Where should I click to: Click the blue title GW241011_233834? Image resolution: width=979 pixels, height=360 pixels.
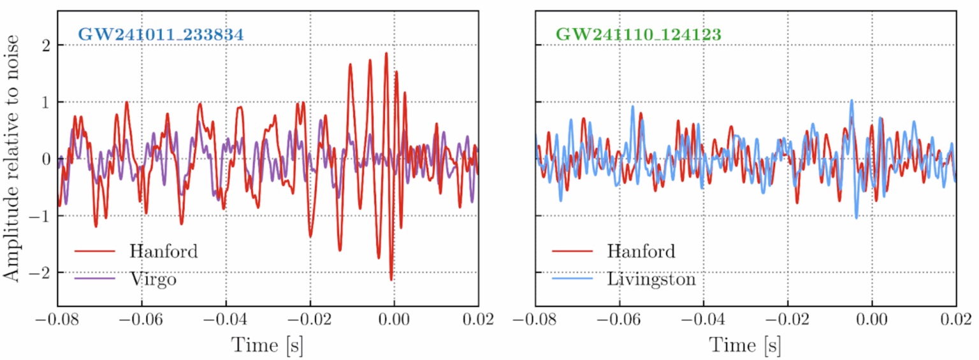click(x=161, y=34)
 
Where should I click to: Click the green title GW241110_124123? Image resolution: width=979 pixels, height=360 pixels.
click(x=639, y=34)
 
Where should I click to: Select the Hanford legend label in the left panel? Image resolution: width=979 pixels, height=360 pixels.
click(x=163, y=251)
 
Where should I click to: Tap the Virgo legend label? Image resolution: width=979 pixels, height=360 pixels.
click(x=152, y=279)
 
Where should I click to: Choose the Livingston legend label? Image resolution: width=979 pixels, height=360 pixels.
click(x=651, y=279)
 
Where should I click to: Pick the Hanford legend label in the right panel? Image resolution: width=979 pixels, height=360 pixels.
click(x=641, y=251)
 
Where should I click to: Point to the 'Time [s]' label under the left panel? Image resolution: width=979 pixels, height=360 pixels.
click(x=267, y=345)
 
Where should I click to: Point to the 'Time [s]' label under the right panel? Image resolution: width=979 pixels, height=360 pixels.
click(x=745, y=345)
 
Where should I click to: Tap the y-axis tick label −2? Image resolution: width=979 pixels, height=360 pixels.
click(x=41, y=273)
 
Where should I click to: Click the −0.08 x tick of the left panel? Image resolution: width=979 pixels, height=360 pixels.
click(x=57, y=320)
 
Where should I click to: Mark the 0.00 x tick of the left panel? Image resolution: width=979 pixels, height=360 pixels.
click(x=395, y=320)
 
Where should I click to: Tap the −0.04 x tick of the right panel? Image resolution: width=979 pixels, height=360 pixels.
click(x=703, y=320)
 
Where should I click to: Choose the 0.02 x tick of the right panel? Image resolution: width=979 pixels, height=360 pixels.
click(x=956, y=320)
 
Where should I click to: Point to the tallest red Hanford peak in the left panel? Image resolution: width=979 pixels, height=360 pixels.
click(x=386, y=54)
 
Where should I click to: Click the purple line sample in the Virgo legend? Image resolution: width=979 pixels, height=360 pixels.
click(x=95, y=279)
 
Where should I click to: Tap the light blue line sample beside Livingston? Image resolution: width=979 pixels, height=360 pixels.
click(x=572, y=279)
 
